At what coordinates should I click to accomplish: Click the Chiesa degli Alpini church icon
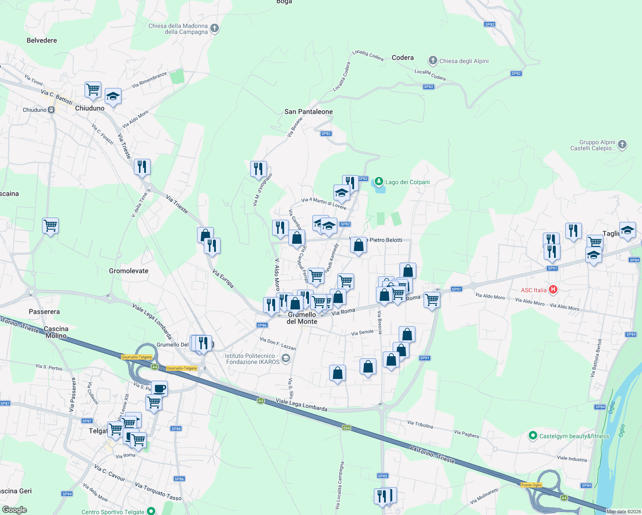pos(433,61)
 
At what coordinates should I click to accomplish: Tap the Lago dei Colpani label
pos(407,182)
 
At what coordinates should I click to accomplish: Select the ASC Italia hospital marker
pos(553,290)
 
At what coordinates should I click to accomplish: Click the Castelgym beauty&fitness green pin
pos(533,436)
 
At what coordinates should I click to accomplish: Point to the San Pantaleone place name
pos(309,112)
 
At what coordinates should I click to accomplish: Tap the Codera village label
pos(403,58)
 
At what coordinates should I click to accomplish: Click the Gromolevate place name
pos(129,271)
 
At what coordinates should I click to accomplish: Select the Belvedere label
pos(42,40)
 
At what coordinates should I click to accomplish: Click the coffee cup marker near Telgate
pos(159,388)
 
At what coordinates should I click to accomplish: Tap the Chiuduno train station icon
pos(51,110)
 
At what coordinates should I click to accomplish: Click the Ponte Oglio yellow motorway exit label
pos(531,485)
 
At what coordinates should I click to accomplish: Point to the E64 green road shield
pos(346,427)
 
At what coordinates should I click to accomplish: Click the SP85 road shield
pos(382,476)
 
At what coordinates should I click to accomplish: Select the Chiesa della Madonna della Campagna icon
pos(215,28)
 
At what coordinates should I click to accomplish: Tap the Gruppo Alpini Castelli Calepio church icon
pos(623,145)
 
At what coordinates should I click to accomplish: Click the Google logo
pos(15,509)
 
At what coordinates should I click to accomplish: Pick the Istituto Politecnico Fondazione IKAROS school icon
pos(286,358)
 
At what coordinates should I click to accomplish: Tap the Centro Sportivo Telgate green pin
pos(151,511)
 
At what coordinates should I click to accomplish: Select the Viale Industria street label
pos(572,458)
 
